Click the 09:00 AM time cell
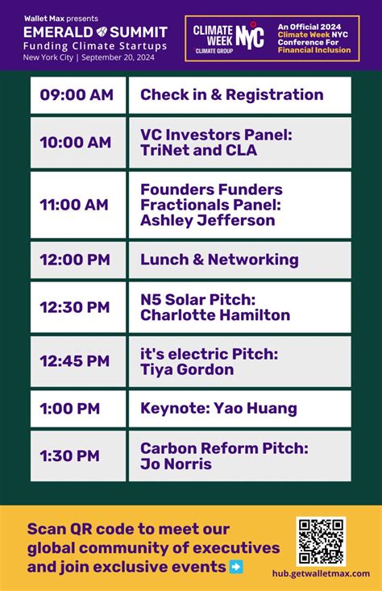(77, 95)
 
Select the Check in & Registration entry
(231, 94)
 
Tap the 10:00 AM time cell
(77, 143)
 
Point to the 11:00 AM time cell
(77, 205)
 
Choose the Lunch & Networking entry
(219, 260)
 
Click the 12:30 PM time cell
(77, 307)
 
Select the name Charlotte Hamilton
(214, 315)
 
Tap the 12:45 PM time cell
(77, 361)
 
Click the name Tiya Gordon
(187, 369)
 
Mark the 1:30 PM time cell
(77, 456)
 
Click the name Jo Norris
(176, 464)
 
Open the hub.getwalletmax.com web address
(320, 573)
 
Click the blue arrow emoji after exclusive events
(236, 567)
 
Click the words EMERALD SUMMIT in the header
(95, 32)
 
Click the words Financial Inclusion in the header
(315, 49)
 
